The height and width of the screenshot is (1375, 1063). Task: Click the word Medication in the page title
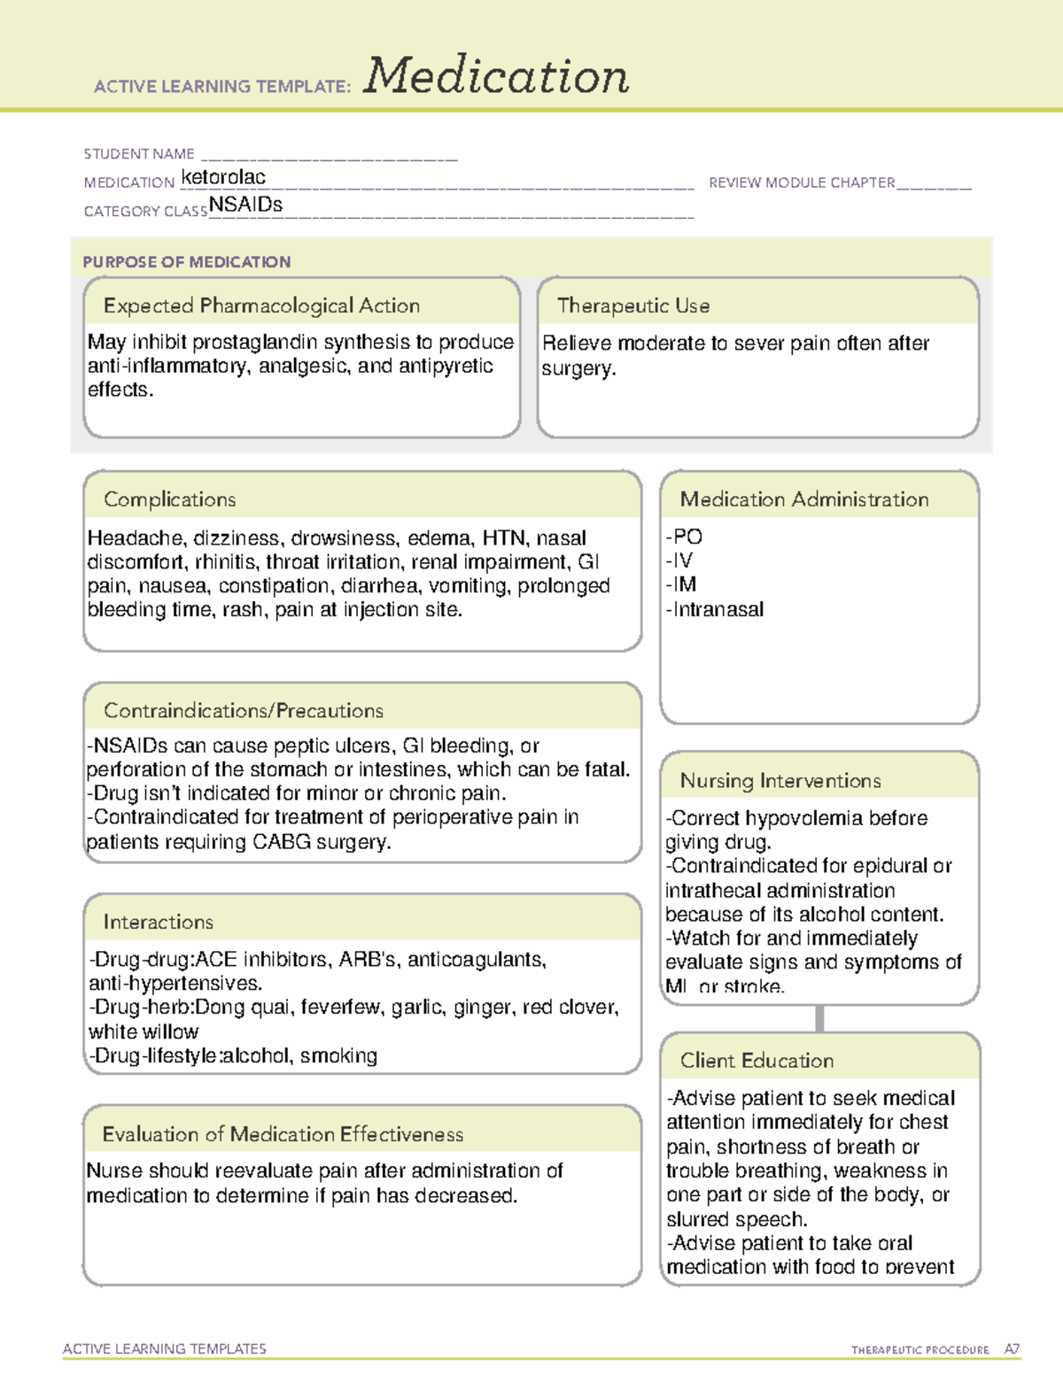coord(496,76)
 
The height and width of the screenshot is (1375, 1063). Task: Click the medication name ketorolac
coord(223,177)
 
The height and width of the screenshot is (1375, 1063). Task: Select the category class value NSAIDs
coord(246,205)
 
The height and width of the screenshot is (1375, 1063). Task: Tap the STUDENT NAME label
coord(139,154)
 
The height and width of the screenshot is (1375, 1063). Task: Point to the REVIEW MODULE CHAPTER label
coord(802,182)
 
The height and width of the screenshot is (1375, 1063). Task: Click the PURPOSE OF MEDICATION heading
coord(187,262)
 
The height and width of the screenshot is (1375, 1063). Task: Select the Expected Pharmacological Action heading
coord(261,305)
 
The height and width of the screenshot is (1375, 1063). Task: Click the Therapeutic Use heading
coord(633,305)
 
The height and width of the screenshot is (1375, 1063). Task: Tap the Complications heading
coord(170,499)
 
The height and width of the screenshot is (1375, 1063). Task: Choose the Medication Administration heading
coord(804,499)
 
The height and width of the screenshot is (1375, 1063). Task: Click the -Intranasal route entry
coord(715,609)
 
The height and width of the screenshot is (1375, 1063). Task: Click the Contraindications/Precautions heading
coord(244,710)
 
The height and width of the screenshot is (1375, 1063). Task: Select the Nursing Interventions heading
coord(780,781)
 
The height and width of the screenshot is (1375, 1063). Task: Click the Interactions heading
coord(159,922)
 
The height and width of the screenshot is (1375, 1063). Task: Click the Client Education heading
coord(757,1061)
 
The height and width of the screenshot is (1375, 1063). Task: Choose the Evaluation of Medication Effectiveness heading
coord(283,1134)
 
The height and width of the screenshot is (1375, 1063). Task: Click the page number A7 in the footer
coord(1012,1349)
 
